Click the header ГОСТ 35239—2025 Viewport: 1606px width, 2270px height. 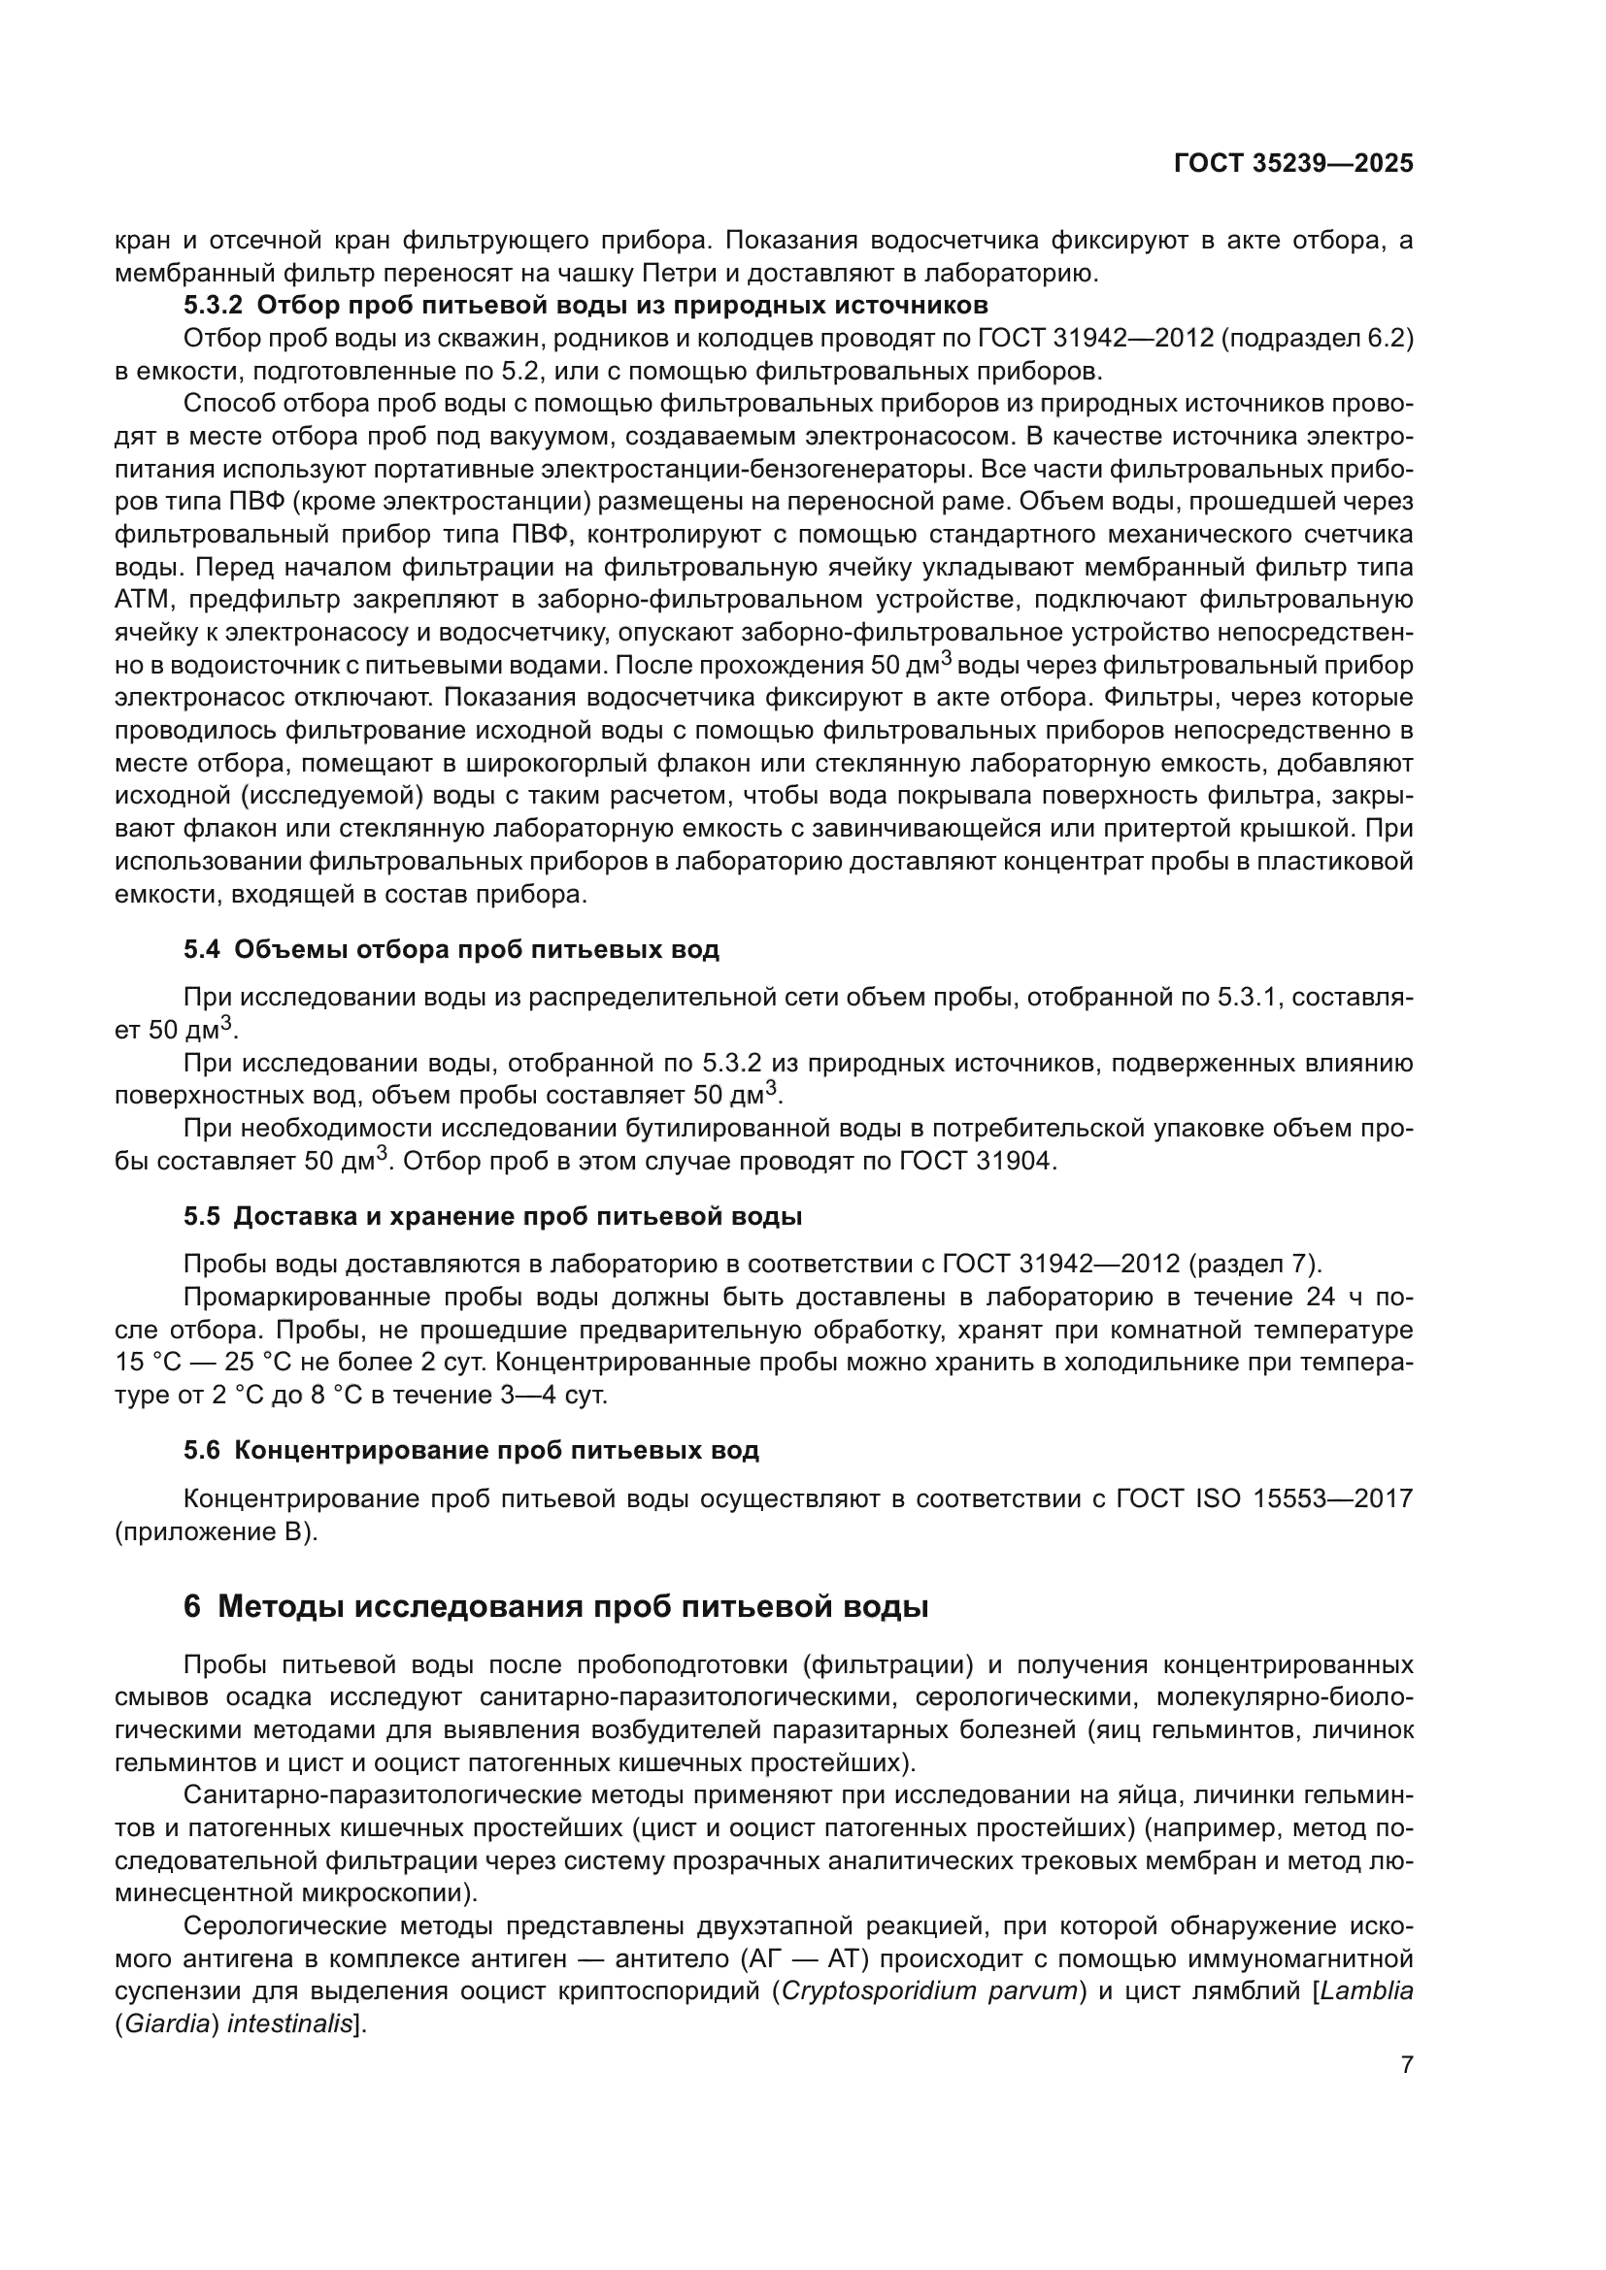pos(1292,164)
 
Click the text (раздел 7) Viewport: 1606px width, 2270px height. pos(1255,1265)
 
